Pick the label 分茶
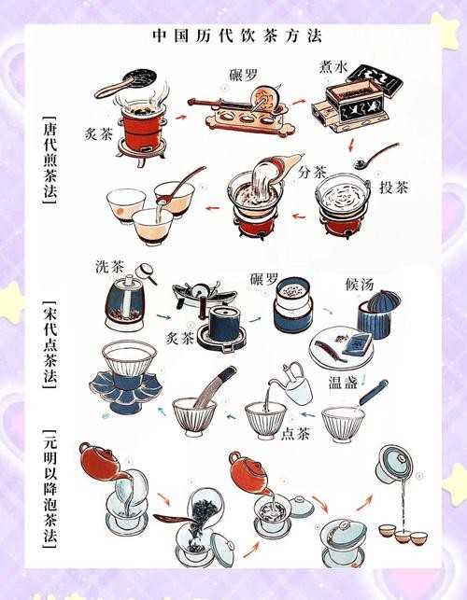coord(314,173)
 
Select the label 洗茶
coord(108,266)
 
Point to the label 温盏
coord(348,382)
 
